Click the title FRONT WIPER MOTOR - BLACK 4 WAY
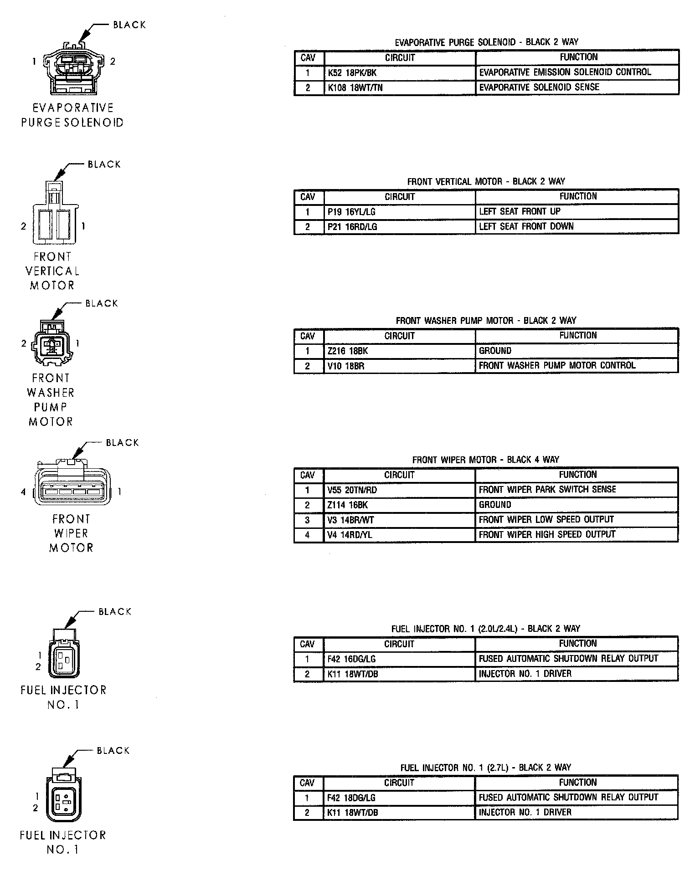485,460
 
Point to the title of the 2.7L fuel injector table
485,768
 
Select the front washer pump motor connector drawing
51,344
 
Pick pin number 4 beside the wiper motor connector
23,492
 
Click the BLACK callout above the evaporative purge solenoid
129,25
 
